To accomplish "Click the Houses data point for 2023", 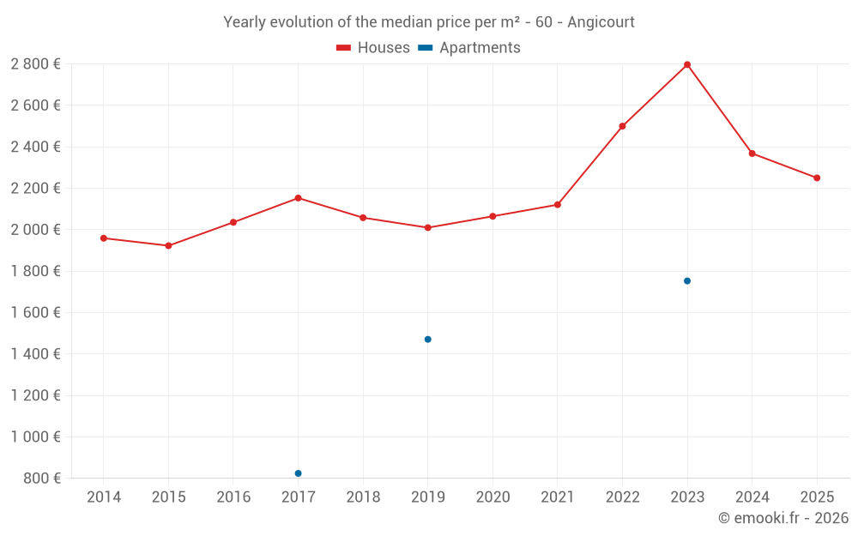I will click(687, 64).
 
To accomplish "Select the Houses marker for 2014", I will click(104, 238).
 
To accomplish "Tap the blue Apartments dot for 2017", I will click(298, 473).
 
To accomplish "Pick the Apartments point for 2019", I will click(427, 340).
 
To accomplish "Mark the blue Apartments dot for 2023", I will click(687, 281).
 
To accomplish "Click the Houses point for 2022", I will click(622, 126).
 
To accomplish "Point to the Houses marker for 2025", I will click(817, 178).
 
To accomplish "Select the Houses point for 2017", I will click(298, 198).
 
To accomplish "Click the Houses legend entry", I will click(373, 48).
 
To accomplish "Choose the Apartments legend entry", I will click(470, 48).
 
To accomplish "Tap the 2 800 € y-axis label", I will click(35, 64).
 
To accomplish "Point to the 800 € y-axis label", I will click(40, 479).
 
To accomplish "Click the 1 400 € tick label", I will click(35, 354).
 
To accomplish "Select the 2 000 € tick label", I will click(35, 230).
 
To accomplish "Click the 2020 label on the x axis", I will click(492, 497).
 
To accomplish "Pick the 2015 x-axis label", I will click(168, 497).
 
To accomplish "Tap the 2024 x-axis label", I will click(752, 497).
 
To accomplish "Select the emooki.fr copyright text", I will click(783, 518).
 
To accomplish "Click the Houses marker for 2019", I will click(427, 228).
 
